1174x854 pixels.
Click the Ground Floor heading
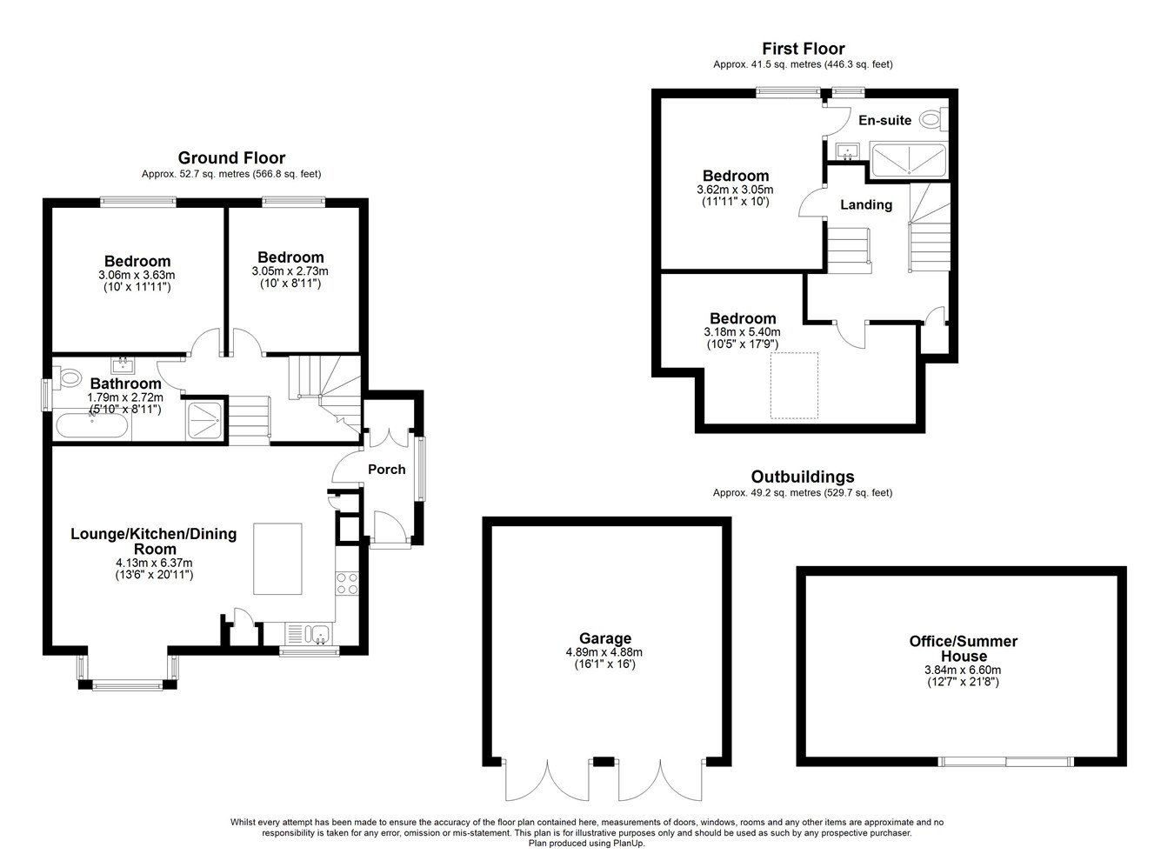(231, 157)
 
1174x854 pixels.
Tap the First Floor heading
(803, 49)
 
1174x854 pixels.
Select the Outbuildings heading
(803, 477)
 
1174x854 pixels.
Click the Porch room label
(387, 470)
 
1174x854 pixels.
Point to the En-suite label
(884, 121)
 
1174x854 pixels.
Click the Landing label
(866, 204)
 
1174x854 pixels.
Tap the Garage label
(604, 638)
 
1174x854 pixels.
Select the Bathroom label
(125, 384)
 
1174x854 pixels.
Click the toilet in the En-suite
(933, 119)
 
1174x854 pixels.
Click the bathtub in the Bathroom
(91, 425)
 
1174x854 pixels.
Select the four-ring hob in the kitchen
(347, 584)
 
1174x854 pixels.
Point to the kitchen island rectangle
(277, 559)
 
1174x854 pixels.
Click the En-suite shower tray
(908, 159)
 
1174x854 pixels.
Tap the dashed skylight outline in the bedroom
(794, 385)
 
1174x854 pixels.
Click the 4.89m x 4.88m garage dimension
(604, 653)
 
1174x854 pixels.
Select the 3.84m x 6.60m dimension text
(963, 670)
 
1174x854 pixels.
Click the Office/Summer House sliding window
(1006, 762)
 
